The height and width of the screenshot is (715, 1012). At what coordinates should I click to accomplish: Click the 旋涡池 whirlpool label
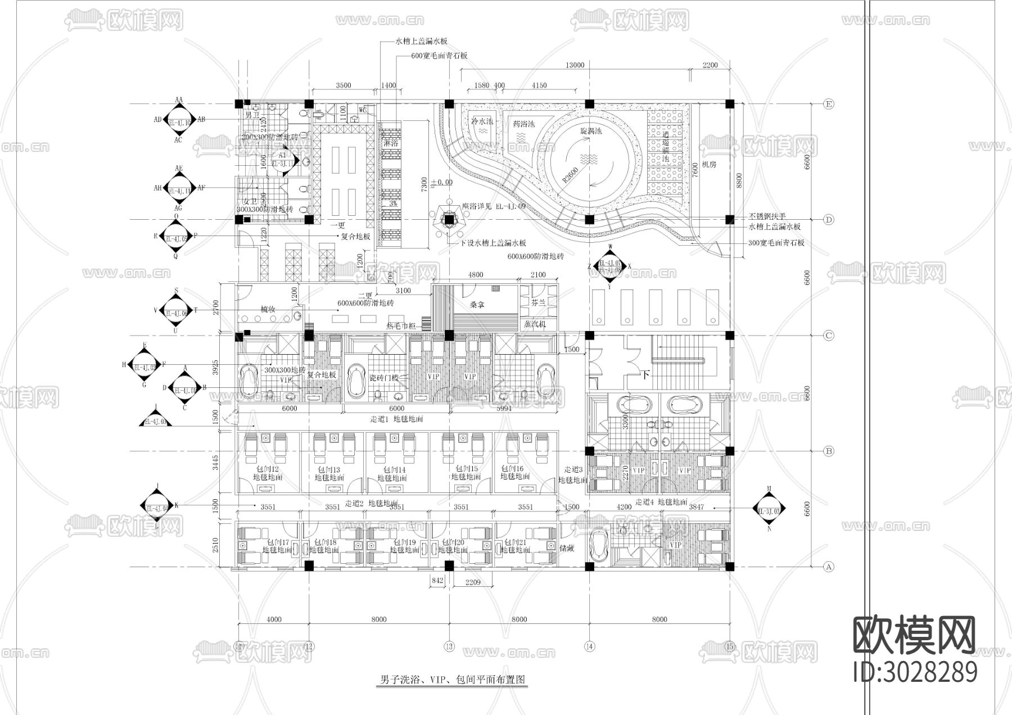click(x=591, y=130)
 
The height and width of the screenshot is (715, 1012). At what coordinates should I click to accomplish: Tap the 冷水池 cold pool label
click(x=482, y=121)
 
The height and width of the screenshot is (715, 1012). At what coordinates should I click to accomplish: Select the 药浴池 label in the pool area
click(x=523, y=123)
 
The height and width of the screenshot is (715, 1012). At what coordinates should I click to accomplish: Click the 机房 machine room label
click(x=708, y=165)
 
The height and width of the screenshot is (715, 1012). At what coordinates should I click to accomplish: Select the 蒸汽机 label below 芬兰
click(x=535, y=324)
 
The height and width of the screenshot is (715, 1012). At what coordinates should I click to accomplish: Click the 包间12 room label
click(x=267, y=469)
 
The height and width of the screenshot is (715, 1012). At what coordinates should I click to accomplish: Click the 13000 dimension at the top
click(x=575, y=65)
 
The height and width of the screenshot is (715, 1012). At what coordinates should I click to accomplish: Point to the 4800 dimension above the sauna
click(x=476, y=275)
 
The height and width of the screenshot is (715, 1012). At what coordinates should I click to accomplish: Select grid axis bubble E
click(x=828, y=104)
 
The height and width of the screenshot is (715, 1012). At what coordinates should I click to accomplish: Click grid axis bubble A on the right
click(x=828, y=567)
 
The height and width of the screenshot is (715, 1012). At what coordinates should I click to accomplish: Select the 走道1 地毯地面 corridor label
click(x=396, y=419)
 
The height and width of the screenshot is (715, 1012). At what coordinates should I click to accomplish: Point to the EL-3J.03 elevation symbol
click(x=769, y=511)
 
